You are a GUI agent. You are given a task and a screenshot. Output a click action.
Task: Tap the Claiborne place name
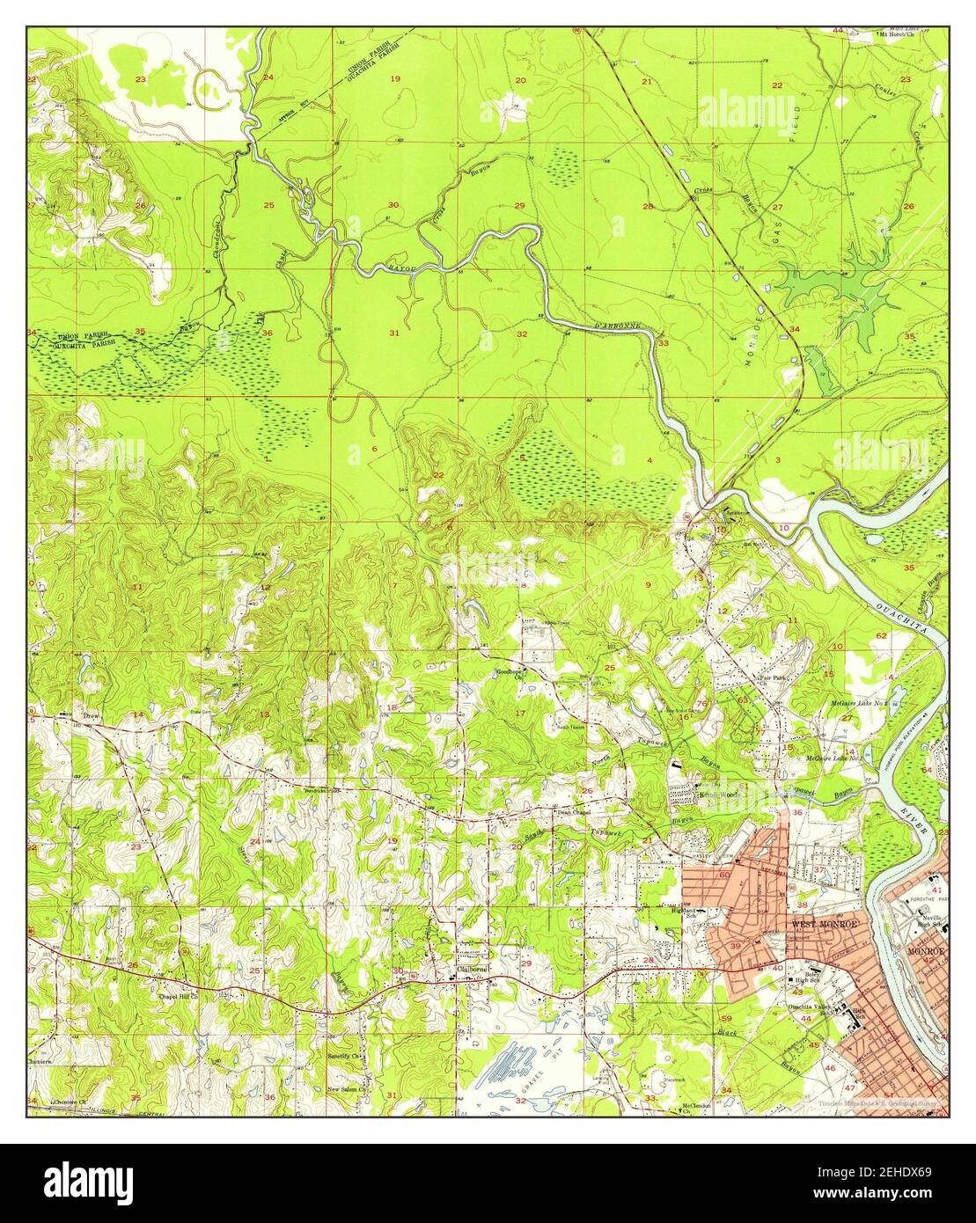click(472, 970)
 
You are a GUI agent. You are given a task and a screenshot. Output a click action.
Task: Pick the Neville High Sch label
click(931, 921)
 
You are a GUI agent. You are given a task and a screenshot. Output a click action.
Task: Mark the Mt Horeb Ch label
click(899, 35)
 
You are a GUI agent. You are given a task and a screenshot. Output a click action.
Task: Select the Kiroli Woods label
click(717, 793)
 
